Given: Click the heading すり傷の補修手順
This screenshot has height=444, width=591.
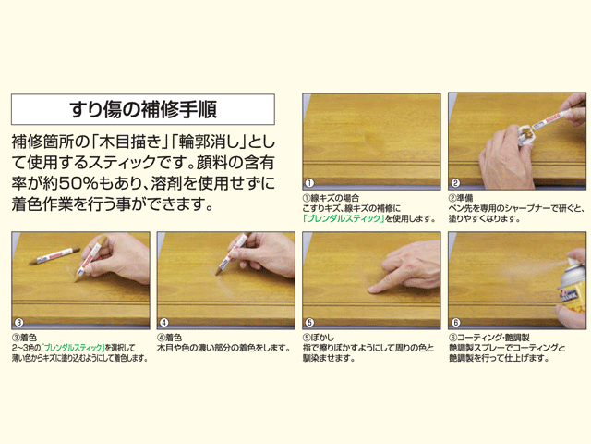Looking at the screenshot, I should point(142,108).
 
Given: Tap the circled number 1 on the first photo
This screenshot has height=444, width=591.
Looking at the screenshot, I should point(310,182).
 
